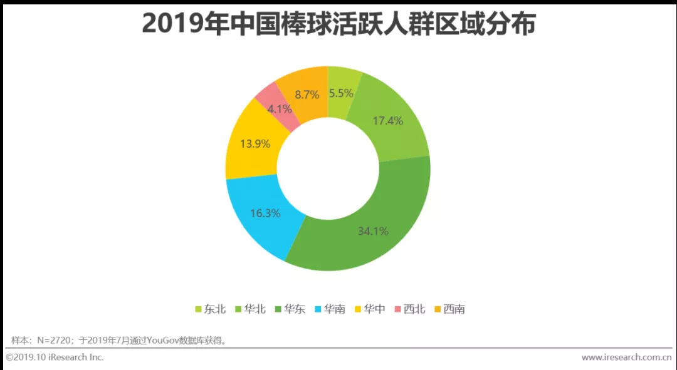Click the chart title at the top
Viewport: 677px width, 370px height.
click(x=338, y=24)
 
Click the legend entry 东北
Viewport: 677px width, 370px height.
click(x=209, y=309)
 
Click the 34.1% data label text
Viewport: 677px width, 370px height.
click(x=373, y=231)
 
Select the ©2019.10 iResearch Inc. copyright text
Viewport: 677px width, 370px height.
click(x=55, y=357)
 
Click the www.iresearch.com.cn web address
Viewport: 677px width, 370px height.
click(x=626, y=357)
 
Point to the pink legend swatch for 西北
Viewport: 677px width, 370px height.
click(x=397, y=309)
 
